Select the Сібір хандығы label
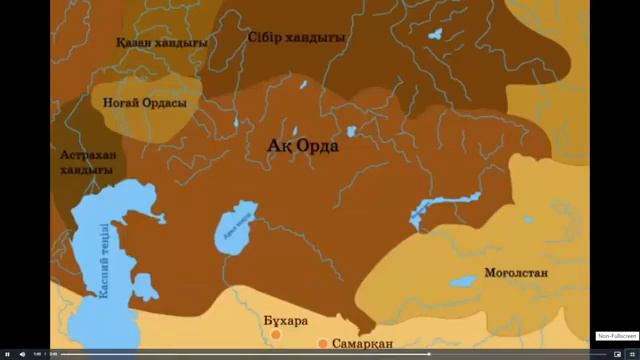click(x=297, y=37)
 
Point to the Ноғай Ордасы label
click(x=145, y=101)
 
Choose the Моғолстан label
click(x=519, y=271)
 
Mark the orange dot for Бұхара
click(x=276, y=334)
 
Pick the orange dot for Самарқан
click(x=322, y=343)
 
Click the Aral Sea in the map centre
click(x=237, y=231)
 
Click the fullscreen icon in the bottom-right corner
click(x=631, y=354)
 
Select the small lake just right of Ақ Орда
click(x=352, y=131)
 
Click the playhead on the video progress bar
click(x=430, y=354)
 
